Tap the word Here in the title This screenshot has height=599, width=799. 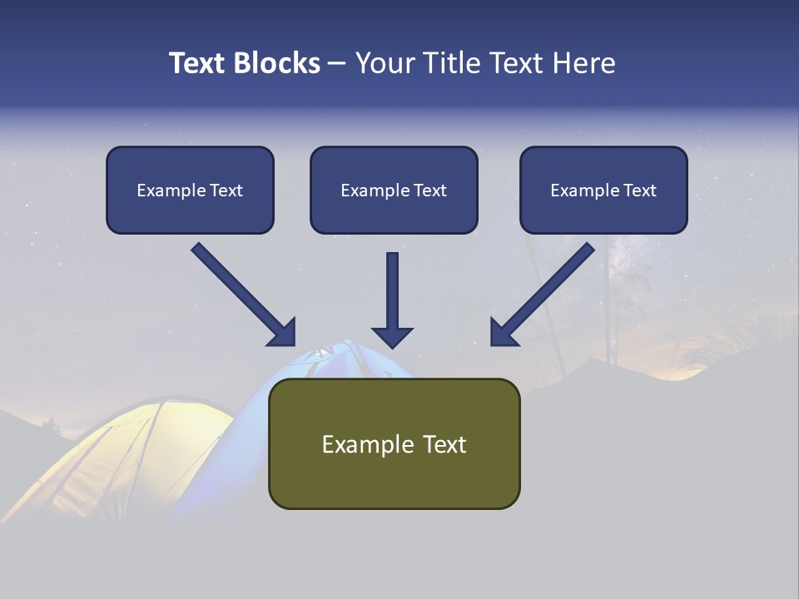pyautogui.click(x=583, y=63)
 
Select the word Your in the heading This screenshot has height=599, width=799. pyautogui.click(x=383, y=63)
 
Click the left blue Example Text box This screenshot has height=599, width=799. pyautogui.click(x=190, y=190)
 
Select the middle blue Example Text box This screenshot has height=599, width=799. pyautogui.click(x=394, y=190)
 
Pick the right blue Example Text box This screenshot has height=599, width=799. pyautogui.click(x=603, y=190)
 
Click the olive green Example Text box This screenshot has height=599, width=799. pyautogui.click(x=394, y=443)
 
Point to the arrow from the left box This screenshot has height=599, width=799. pyautogui.click(x=237, y=290)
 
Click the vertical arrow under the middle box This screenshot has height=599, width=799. pyautogui.click(x=393, y=291)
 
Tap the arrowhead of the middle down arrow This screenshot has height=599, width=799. pyautogui.click(x=393, y=336)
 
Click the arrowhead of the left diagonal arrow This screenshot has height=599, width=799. pyautogui.click(x=283, y=333)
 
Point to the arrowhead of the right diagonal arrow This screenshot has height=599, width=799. pyautogui.click(x=503, y=333)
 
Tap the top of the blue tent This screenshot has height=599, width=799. pyautogui.click(x=333, y=354)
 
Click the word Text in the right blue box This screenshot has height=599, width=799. pyautogui.click(x=639, y=190)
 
